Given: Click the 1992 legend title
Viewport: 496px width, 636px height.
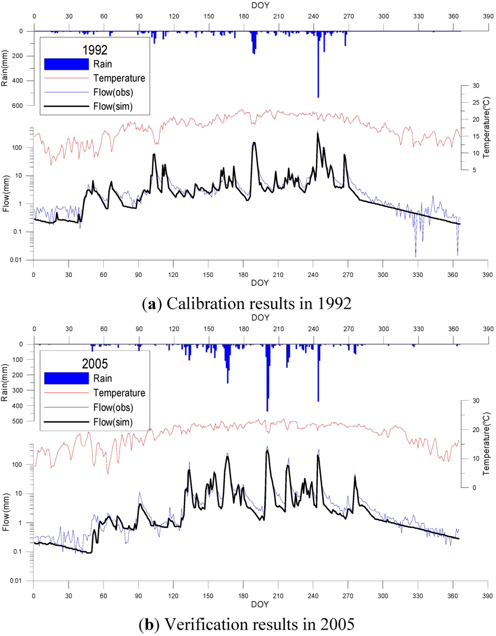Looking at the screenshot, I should pos(95,50).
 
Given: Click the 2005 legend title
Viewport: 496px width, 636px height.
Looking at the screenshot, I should pos(95,364).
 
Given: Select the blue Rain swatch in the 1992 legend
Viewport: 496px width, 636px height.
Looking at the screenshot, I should pos(66,64).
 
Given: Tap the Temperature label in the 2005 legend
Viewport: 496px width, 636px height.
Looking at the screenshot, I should pos(119,393).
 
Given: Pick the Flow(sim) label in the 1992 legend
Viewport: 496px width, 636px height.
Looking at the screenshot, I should pos(113,107).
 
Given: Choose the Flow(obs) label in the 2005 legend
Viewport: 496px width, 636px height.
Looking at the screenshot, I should pos(113,407).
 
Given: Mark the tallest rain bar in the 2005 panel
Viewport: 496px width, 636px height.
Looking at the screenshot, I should pos(267,378).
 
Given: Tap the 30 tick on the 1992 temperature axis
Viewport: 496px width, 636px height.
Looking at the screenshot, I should pos(476,86).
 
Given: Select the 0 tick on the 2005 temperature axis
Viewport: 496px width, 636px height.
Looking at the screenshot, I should pos(474,488).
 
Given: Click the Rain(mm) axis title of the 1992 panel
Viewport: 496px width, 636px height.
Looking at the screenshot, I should pos(5,68).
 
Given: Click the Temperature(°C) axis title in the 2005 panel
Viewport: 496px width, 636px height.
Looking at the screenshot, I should pos(487,443).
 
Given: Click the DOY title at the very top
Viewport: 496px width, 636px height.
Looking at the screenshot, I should pos(260,6).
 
